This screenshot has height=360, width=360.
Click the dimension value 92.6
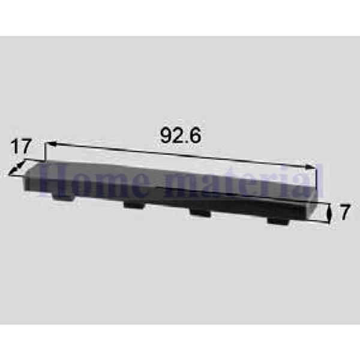[181, 136]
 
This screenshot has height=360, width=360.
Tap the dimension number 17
[20, 146]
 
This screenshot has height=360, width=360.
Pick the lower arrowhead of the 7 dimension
[329, 222]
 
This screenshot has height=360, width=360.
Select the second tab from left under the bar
[134, 205]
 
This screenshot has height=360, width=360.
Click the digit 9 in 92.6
[166, 136]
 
